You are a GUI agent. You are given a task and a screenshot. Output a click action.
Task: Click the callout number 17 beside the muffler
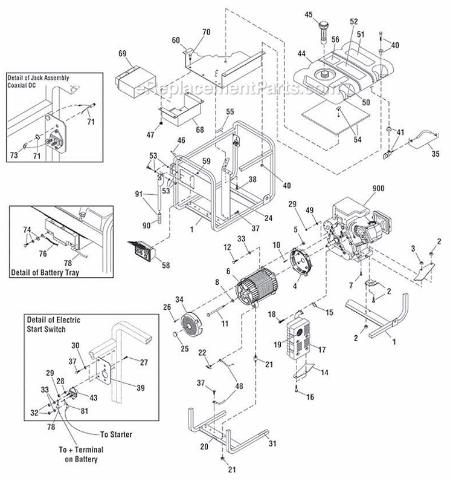tap(321, 348)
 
